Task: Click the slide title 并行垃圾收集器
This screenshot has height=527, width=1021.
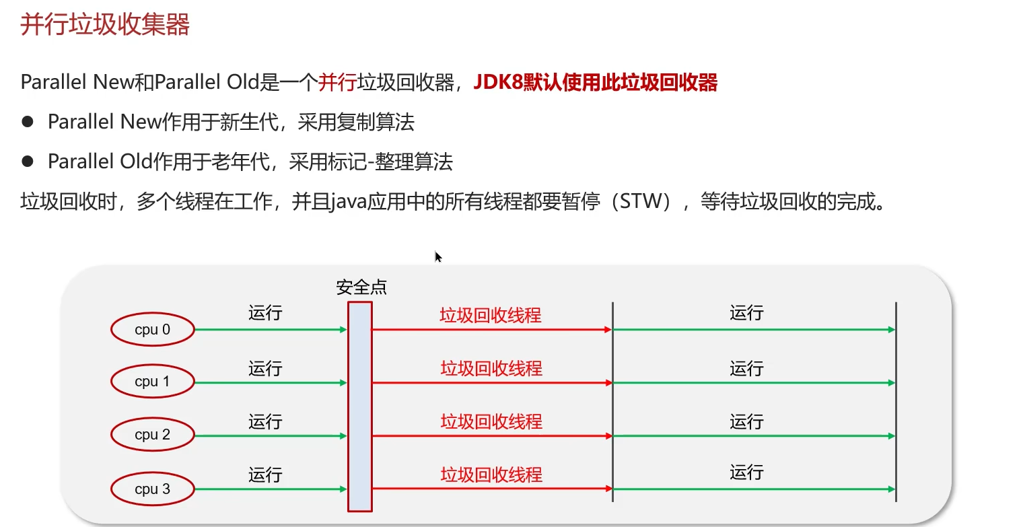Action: (x=105, y=25)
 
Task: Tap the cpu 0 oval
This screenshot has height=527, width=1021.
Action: (x=153, y=330)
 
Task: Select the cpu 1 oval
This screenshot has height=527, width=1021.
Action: (x=153, y=382)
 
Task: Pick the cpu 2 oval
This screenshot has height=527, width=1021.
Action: (x=153, y=435)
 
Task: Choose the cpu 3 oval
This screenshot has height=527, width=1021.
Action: (x=153, y=489)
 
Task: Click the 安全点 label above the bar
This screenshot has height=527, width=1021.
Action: (x=361, y=288)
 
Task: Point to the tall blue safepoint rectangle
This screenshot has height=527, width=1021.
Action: (x=360, y=407)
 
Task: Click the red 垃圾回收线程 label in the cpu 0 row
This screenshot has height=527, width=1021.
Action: (x=491, y=315)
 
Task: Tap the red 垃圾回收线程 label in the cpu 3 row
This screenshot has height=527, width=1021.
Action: (x=491, y=475)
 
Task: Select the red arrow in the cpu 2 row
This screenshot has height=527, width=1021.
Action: (x=491, y=436)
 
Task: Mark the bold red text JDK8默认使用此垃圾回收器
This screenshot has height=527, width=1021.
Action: (x=596, y=83)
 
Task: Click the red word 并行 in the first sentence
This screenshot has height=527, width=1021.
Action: (x=337, y=83)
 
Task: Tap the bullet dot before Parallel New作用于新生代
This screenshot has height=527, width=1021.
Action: (x=28, y=122)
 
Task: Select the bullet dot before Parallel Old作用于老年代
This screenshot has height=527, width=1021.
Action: (x=28, y=162)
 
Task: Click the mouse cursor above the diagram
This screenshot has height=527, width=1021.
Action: (x=437, y=256)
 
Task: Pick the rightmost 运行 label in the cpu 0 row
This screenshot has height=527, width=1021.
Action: (x=746, y=313)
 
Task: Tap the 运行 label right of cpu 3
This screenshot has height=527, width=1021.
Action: (x=265, y=475)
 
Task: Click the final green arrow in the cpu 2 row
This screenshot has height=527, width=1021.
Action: (x=754, y=436)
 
